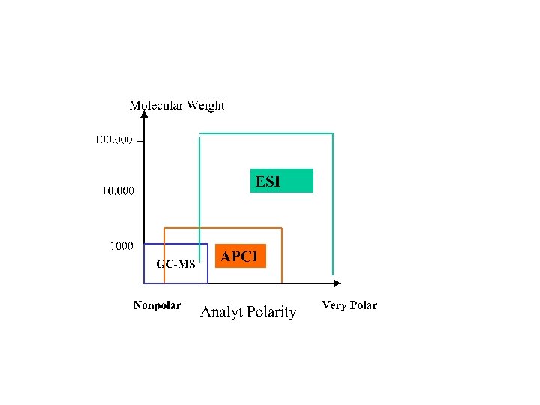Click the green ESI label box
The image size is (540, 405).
(x=281, y=181)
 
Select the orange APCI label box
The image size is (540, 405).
(x=240, y=256)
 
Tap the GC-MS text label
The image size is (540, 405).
(x=175, y=263)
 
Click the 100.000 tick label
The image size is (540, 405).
(x=113, y=139)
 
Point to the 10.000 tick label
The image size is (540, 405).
(x=118, y=190)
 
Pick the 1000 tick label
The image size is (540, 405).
(x=121, y=245)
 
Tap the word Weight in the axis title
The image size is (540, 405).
(x=205, y=105)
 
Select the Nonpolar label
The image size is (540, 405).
(x=157, y=305)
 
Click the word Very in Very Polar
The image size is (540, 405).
(x=334, y=305)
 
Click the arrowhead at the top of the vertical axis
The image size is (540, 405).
(x=144, y=115)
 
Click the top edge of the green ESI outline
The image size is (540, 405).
(x=266, y=133)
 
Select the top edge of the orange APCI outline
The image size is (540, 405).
(x=223, y=227)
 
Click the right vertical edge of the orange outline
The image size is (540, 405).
(x=281, y=255)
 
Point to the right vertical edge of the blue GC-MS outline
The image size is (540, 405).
(x=208, y=263)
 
